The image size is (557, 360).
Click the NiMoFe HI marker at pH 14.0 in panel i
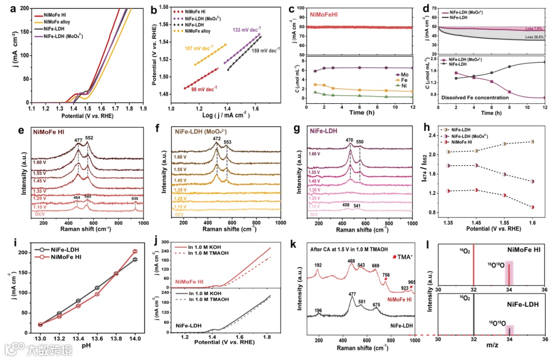(135, 252)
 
